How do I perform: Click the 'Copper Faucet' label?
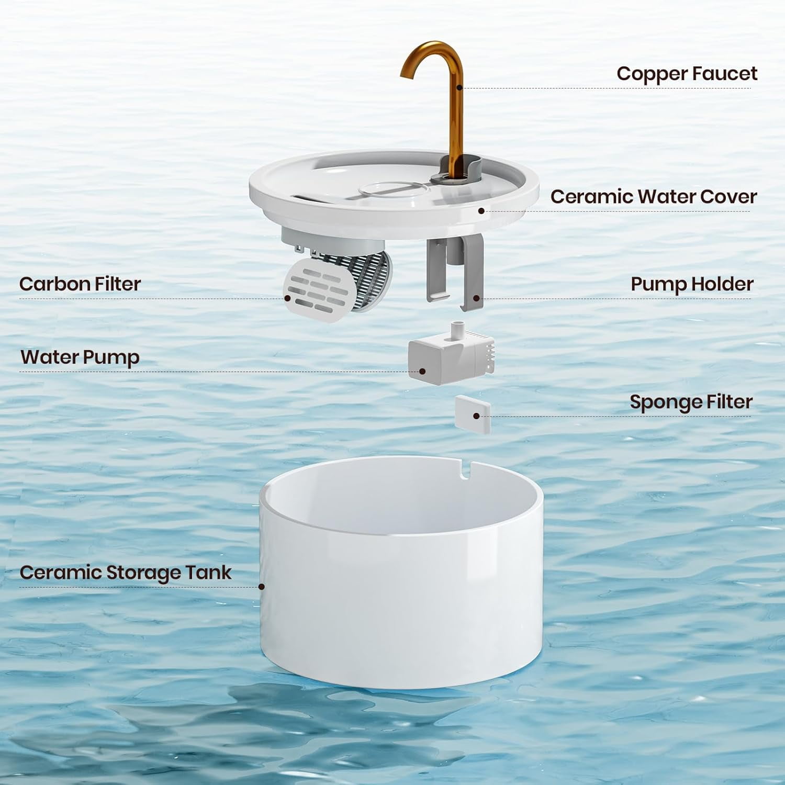[686, 74]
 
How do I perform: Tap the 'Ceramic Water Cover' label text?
[653, 197]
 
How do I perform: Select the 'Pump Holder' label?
[691, 284]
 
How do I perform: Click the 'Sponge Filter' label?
[691, 402]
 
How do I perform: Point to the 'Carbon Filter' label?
[80, 284]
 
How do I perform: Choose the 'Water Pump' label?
[80, 357]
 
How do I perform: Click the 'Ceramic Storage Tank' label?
[125, 573]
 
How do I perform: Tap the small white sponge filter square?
[473, 414]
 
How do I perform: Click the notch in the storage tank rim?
[464, 469]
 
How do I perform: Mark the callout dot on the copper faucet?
[459, 87]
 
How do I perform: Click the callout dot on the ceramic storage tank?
[262, 587]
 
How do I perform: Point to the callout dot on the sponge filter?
[476, 416]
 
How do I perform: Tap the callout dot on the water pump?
[422, 372]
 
